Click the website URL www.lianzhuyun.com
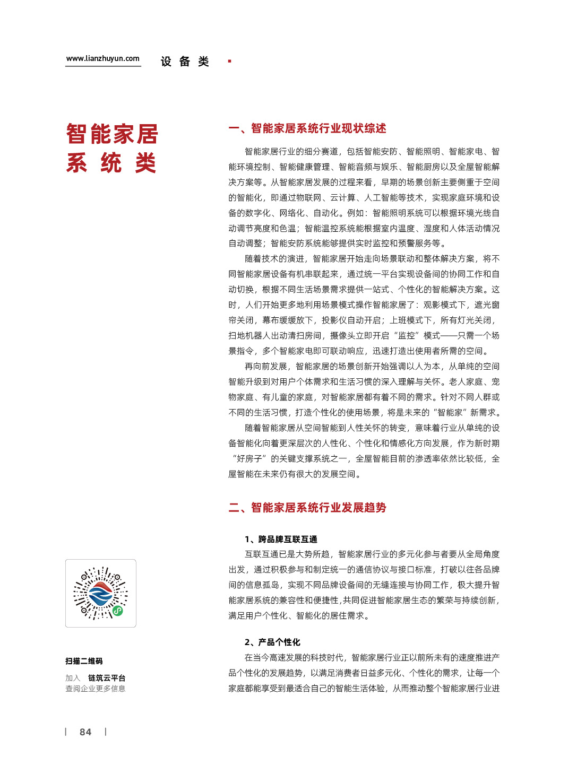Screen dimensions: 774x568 point(102,59)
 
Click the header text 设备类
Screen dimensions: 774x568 point(185,62)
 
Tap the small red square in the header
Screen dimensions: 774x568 point(229,62)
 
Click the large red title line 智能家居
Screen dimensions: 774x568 point(112,134)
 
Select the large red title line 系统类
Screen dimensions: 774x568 point(111,163)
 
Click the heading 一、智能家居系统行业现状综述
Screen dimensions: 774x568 point(307,128)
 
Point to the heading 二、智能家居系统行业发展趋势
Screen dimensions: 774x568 point(307,508)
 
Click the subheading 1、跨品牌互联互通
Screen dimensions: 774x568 point(281,540)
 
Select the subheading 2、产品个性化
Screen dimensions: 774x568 point(272,642)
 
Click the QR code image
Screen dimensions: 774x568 point(101,593)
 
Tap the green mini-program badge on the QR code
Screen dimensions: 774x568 point(117,611)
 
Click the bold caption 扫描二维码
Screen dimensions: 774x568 point(84,661)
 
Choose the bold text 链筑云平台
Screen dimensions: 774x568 point(107,678)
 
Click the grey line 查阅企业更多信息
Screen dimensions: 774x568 point(96,689)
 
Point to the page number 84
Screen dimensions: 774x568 point(85,732)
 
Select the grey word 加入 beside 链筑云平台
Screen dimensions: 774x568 point(73,678)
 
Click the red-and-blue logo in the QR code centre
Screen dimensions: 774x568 point(100,594)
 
